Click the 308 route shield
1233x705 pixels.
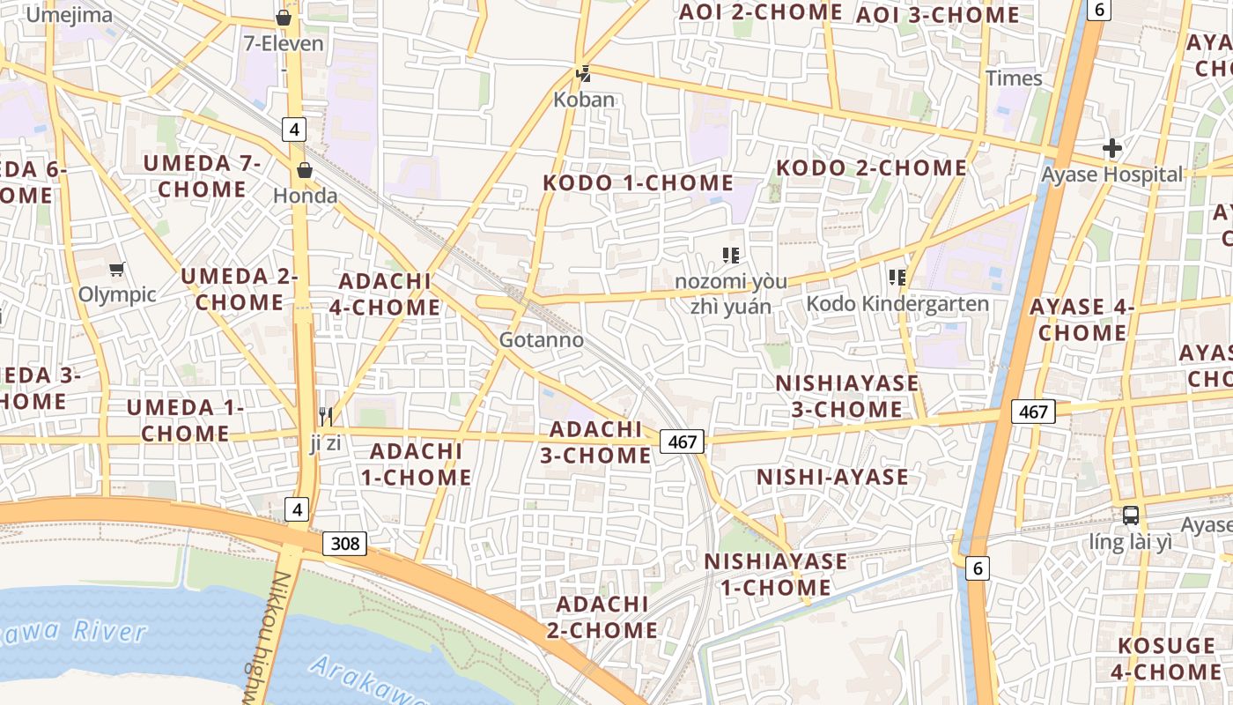click(344, 544)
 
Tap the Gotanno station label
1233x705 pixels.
click(541, 339)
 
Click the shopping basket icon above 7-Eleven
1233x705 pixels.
click(284, 17)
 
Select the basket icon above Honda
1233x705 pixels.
click(305, 170)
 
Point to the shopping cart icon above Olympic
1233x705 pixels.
click(116, 269)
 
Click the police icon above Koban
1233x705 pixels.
click(582, 74)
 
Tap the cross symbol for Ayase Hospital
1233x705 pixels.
click(1112, 148)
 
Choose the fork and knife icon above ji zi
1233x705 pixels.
click(326, 417)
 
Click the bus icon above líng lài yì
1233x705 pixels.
click(1131, 516)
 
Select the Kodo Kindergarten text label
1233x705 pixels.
click(897, 304)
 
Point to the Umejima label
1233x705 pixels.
click(70, 14)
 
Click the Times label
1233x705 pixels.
click(1014, 78)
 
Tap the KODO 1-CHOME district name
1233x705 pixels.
click(638, 183)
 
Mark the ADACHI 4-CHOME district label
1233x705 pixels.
click(389, 294)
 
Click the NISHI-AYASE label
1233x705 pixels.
click(832, 478)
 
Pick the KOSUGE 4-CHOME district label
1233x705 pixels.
click(1166, 658)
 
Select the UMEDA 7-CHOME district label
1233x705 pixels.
click(203, 176)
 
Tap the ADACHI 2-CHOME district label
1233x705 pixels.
click(607, 617)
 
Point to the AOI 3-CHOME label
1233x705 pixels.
click(937, 15)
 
